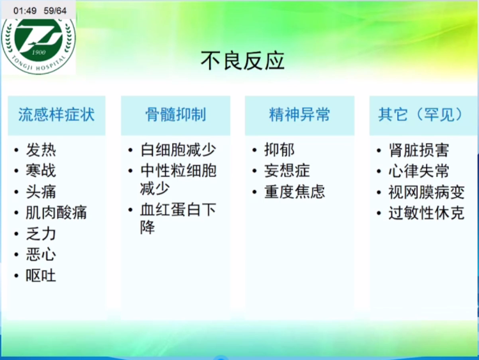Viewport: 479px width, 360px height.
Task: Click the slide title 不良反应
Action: coord(242,61)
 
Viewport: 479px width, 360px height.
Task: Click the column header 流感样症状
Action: coord(56,115)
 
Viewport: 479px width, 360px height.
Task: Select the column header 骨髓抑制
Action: coord(176,115)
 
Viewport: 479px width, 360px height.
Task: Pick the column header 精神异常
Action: coord(299,115)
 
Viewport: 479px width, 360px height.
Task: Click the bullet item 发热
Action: coord(41,150)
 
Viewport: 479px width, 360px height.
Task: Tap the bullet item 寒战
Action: coord(41,170)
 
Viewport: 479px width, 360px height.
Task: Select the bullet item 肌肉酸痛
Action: coord(56,212)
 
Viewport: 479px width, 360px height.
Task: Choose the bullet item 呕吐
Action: coord(41,276)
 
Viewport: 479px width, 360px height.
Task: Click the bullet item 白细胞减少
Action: coord(178,150)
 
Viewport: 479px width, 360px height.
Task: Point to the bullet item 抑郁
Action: coord(279,150)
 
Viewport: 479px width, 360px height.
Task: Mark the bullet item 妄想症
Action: coord(287,170)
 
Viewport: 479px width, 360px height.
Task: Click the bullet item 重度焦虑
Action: coord(295,192)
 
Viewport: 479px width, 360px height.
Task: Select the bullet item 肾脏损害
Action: coord(419,150)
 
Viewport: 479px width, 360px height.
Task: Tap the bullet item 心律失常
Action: coord(419,170)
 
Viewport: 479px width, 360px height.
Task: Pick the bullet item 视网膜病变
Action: coord(427,192)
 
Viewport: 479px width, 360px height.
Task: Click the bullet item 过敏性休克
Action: coord(427,212)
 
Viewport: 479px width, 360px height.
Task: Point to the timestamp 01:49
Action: coord(25,11)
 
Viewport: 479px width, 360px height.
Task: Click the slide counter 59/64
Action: coord(55,11)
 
